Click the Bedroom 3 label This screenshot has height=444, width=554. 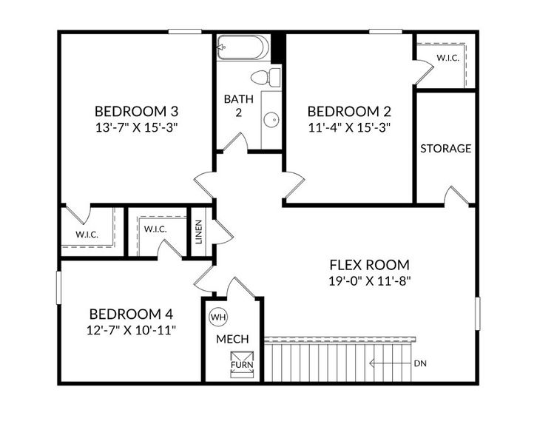(137, 111)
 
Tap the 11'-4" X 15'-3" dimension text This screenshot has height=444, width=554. (348, 127)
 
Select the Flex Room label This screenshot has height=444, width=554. (369, 265)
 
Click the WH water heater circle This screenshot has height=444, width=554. (218, 317)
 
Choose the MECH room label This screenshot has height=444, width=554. (232, 339)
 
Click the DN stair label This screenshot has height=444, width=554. (421, 363)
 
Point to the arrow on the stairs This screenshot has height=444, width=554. (385, 363)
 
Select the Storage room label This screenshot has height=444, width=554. (445, 148)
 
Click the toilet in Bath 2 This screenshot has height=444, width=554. (264, 76)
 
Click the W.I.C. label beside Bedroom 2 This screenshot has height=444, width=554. (447, 57)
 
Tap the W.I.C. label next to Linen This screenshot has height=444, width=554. (155, 229)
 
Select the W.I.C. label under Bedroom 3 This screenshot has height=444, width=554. (87, 235)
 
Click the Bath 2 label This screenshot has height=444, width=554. (234, 105)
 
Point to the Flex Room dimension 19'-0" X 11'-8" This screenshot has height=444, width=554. (369, 280)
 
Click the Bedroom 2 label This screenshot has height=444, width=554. (348, 111)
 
